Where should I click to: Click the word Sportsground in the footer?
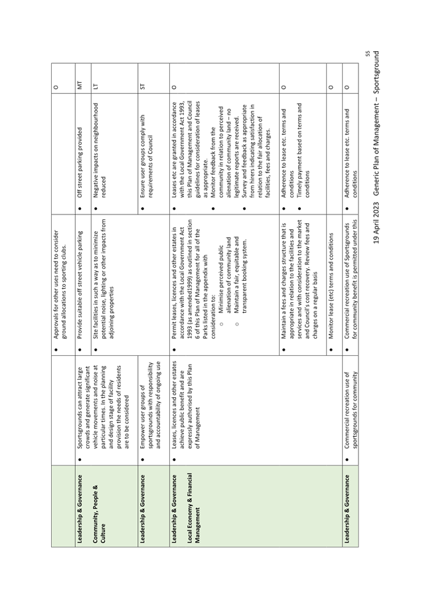pos(377,73)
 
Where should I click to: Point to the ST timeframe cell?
pos(143,84)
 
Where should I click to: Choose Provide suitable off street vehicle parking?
pos(80,285)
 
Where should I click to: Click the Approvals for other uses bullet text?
pos(60,284)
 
